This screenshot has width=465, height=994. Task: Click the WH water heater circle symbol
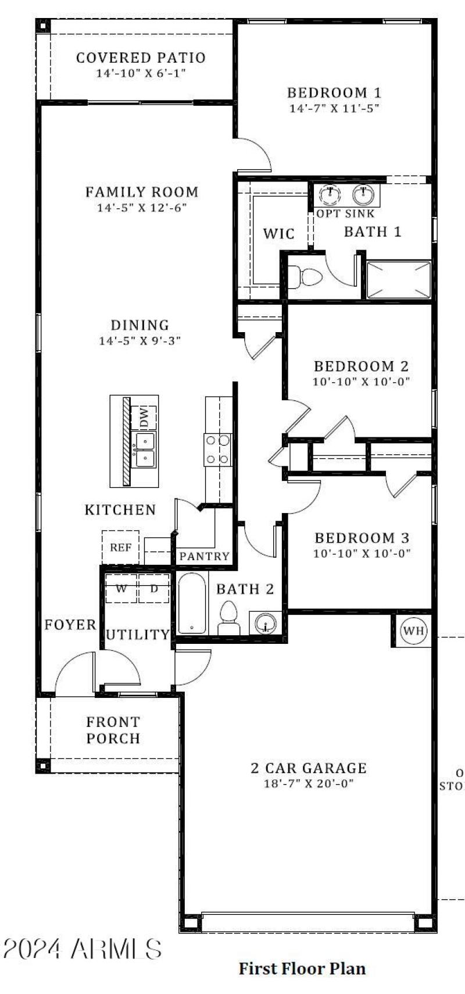pyautogui.click(x=414, y=630)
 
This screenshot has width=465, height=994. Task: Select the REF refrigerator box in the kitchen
pyautogui.click(x=121, y=547)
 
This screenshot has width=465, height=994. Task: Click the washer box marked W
pyautogui.click(x=121, y=588)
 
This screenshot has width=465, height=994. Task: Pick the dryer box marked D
pyautogui.click(x=154, y=588)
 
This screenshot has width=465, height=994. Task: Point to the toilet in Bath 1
pyautogui.click(x=306, y=276)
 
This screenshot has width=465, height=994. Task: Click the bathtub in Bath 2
pyautogui.click(x=192, y=604)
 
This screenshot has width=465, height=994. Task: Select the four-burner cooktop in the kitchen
pyautogui.click(x=217, y=450)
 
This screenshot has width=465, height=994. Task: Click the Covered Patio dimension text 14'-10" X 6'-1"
pyautogui.click(x=141, y=74)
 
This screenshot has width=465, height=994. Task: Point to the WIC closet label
pyautogui.click(x=279, y=234)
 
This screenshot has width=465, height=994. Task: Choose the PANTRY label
pyautogui.click(x=204, y=557)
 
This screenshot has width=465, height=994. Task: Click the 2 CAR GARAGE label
pyautogui.click(x=309, y=768)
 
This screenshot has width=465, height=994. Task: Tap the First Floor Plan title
pyautogui.click(x=302, y=968)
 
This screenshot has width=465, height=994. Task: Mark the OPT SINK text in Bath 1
pyautogui.click(x=345, y=213)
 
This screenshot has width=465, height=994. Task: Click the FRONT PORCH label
pyautogui.click(x=113, y=730)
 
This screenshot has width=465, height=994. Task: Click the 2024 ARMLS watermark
pyautogui.click(x=83, y=949)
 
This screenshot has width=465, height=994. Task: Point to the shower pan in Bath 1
pyautogui.click(x=399, y=280)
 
